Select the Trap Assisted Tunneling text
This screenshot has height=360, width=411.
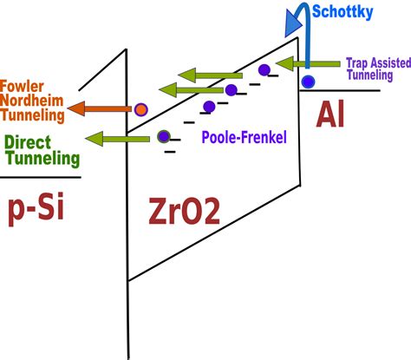pyautogui.click(x=374, y=67)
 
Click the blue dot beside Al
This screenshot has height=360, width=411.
pyautogui.click(x=308, y=82)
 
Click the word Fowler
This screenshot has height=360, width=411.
pyautogui.click(x=23, y=87)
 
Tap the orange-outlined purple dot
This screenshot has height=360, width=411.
pyautogui.click(x=141, y=109)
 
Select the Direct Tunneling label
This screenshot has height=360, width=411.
pyautogui.click(x=41, y=151)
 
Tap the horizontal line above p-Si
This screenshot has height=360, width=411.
pyautogui.click(x=40, y=177)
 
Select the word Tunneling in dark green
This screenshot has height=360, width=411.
pyautogui.click(x=41, y=159)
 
